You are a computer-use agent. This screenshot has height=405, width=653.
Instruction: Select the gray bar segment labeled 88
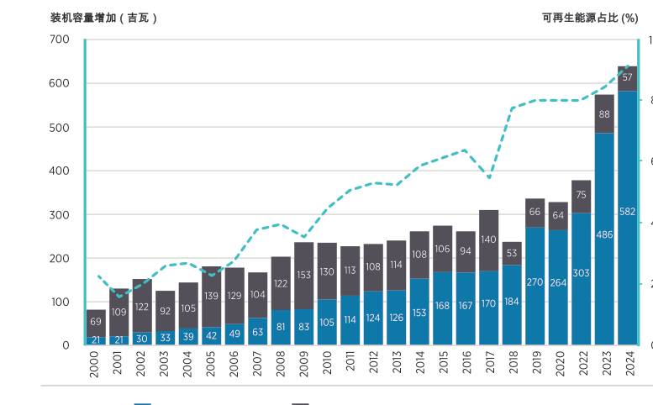point(604,114)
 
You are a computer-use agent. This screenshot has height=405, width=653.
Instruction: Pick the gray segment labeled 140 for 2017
point(489,240)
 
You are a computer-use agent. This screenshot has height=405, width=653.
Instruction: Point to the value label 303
point(581,273)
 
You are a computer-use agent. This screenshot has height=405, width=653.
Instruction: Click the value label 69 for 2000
point(96,322)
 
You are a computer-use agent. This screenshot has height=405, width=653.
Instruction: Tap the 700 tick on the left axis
point(60,39)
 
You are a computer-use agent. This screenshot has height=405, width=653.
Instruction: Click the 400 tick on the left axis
point(60,171)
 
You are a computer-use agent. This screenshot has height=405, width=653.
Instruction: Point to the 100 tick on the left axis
point(60,302)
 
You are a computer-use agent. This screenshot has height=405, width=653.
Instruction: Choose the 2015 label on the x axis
point(443,365)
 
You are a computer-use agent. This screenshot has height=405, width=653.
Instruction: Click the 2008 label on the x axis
point(281,365)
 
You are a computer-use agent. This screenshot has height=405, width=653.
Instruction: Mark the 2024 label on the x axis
point(627,365)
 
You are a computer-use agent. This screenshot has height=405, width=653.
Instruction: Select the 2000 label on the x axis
point(96,365)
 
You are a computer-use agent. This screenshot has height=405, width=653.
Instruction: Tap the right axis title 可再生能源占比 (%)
point(589,18)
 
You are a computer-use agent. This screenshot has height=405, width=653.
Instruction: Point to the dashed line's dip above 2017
point(489,177)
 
